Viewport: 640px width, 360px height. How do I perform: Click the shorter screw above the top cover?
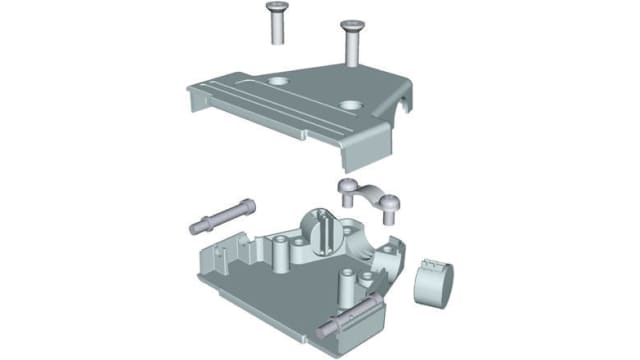click(x=274, y=23)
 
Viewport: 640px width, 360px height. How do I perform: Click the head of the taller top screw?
click(x=352, y=23)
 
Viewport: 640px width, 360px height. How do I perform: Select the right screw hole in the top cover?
click(x=350, y=102)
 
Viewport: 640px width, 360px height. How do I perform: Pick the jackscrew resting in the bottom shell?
click(x=344, y=317)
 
